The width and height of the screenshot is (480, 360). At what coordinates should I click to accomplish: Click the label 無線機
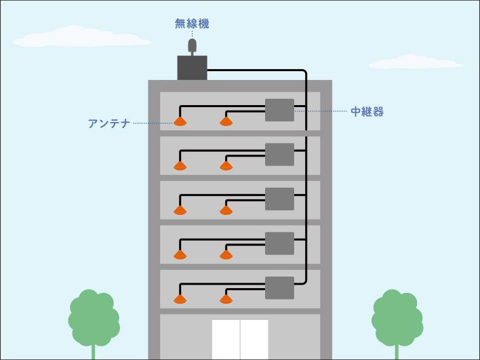coord(192,24)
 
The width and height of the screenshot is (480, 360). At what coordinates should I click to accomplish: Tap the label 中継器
coord(367,111)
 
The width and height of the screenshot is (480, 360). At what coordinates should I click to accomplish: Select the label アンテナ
coord(108,123)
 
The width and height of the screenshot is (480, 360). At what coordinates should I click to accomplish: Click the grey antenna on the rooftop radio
coord(192,47)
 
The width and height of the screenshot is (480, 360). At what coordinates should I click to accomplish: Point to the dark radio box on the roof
coord(192,67)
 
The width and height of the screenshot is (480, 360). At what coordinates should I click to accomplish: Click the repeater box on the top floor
coord(279,110)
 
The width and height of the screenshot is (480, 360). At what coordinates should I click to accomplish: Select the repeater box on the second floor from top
coord(279,155)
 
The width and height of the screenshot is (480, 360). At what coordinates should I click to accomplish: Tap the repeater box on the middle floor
coord(279,199)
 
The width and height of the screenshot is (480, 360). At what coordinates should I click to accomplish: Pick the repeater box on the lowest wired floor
coord(279,287)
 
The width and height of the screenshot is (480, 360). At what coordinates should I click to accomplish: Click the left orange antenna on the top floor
coord(180,122)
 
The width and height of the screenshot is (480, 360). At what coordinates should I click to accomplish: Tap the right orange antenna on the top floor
coord(226,122)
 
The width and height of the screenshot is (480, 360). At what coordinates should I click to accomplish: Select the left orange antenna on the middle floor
coord(180,210)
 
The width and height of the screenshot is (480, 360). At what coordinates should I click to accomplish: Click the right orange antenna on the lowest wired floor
coord(226,299)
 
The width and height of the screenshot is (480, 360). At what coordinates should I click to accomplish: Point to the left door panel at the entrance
coord(226,340)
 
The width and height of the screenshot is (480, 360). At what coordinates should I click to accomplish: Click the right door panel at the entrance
coord(255,340)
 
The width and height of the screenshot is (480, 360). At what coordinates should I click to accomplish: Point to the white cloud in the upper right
coord(415,62)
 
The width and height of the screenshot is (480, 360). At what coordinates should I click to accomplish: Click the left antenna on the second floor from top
coord(180,166)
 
